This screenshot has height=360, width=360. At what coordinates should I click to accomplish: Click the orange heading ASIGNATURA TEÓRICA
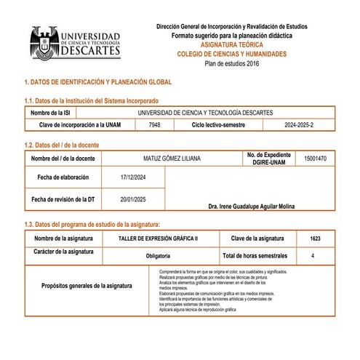tap(231, 44)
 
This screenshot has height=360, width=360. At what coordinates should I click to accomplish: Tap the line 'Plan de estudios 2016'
tap(231, 63)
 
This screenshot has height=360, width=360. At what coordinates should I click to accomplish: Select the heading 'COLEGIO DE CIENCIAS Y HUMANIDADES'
tap(231, 54)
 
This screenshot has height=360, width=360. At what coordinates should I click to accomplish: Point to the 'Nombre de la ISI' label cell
tap(57, 113)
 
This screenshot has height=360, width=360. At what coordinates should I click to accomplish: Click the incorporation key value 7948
tap(155, 125)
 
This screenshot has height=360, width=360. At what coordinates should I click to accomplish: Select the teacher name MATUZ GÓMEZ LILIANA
tap(172, 158)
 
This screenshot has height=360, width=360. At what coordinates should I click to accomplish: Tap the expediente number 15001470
tap(314, 158)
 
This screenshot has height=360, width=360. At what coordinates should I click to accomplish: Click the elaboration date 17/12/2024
tap(133, 177)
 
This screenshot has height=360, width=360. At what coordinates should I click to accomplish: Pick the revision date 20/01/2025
tap(133, 199)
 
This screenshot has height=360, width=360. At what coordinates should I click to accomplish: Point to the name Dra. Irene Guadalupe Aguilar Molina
tap(251, 207)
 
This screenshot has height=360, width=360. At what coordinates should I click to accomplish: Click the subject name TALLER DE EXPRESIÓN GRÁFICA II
tap(158, 239)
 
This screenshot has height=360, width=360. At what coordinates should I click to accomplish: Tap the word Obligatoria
tap(158, 256)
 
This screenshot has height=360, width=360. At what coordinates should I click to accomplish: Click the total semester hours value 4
tap(313, 256)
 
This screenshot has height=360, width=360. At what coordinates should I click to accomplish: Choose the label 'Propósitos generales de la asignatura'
tap(87, 286)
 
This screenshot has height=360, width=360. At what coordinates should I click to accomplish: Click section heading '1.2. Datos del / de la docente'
tap(62, 145)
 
